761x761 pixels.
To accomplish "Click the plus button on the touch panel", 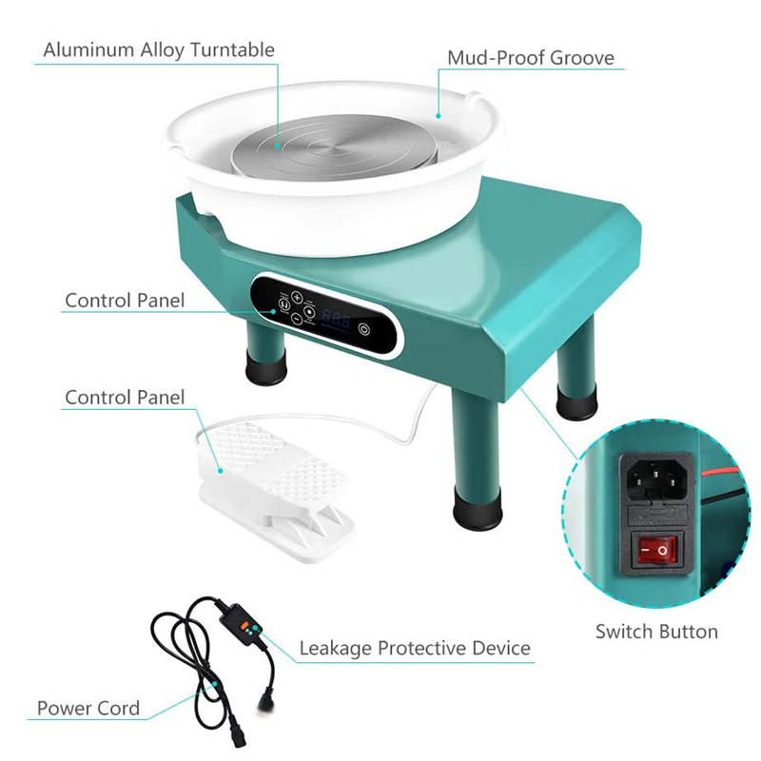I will (x=297, y=296).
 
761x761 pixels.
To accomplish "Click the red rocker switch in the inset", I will (x=655, y=551).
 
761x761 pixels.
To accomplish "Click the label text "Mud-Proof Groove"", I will (x=531, y=58).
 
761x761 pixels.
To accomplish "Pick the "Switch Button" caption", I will (x=656, y=631).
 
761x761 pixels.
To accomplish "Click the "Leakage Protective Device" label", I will (x=415, y=649).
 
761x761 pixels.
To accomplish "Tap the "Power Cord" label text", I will (x=88, y=708).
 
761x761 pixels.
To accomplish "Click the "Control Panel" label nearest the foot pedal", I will (x=125, y=397).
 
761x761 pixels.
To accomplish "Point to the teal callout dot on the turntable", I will (x=277, y=146).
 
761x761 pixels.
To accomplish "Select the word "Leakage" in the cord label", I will (x=336, y=649).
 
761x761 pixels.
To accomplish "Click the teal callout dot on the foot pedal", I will (x=219, y=468).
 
